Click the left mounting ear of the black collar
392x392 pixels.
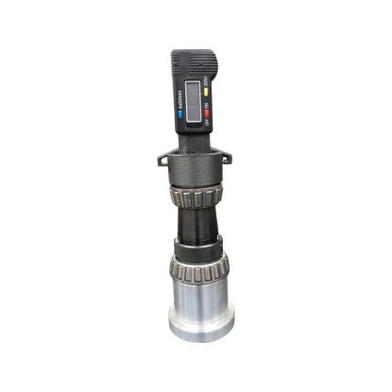[x=162, y=156]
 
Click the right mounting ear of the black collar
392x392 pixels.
[x=226, y=156]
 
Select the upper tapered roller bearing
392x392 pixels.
[x=195, y=199]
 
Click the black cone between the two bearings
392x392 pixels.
[x=195, y=227]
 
